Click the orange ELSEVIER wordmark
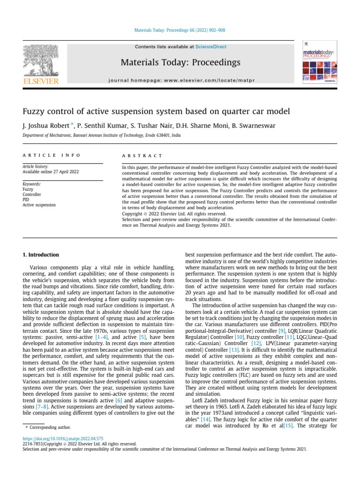41,82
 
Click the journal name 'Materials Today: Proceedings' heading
180,62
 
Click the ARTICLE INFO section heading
52,155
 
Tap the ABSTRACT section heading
142,155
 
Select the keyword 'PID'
26,199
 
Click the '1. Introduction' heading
41,255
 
